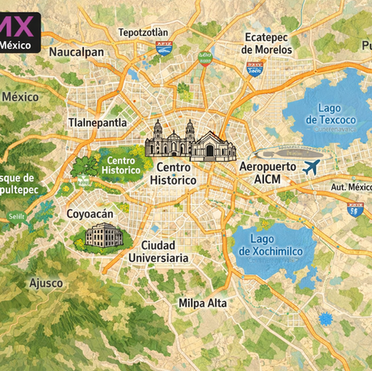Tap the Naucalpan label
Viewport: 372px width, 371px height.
tap(76, 52)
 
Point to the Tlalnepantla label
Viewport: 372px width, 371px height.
tap(98, 123)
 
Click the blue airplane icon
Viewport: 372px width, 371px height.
tap(311, 167)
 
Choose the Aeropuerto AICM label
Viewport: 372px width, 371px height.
tap(267, 173)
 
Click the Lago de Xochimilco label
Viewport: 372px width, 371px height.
tap(273, 244)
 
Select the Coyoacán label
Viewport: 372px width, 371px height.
tap(90, 214)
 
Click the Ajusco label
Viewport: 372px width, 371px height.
tap(46, 282)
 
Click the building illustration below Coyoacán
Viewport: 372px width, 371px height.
tap(103, 236)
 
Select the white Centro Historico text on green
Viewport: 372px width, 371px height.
tap(121, 165)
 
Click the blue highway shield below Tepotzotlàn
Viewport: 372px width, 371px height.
tap(164, 49)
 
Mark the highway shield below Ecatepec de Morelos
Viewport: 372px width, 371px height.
tap(256, 68)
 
